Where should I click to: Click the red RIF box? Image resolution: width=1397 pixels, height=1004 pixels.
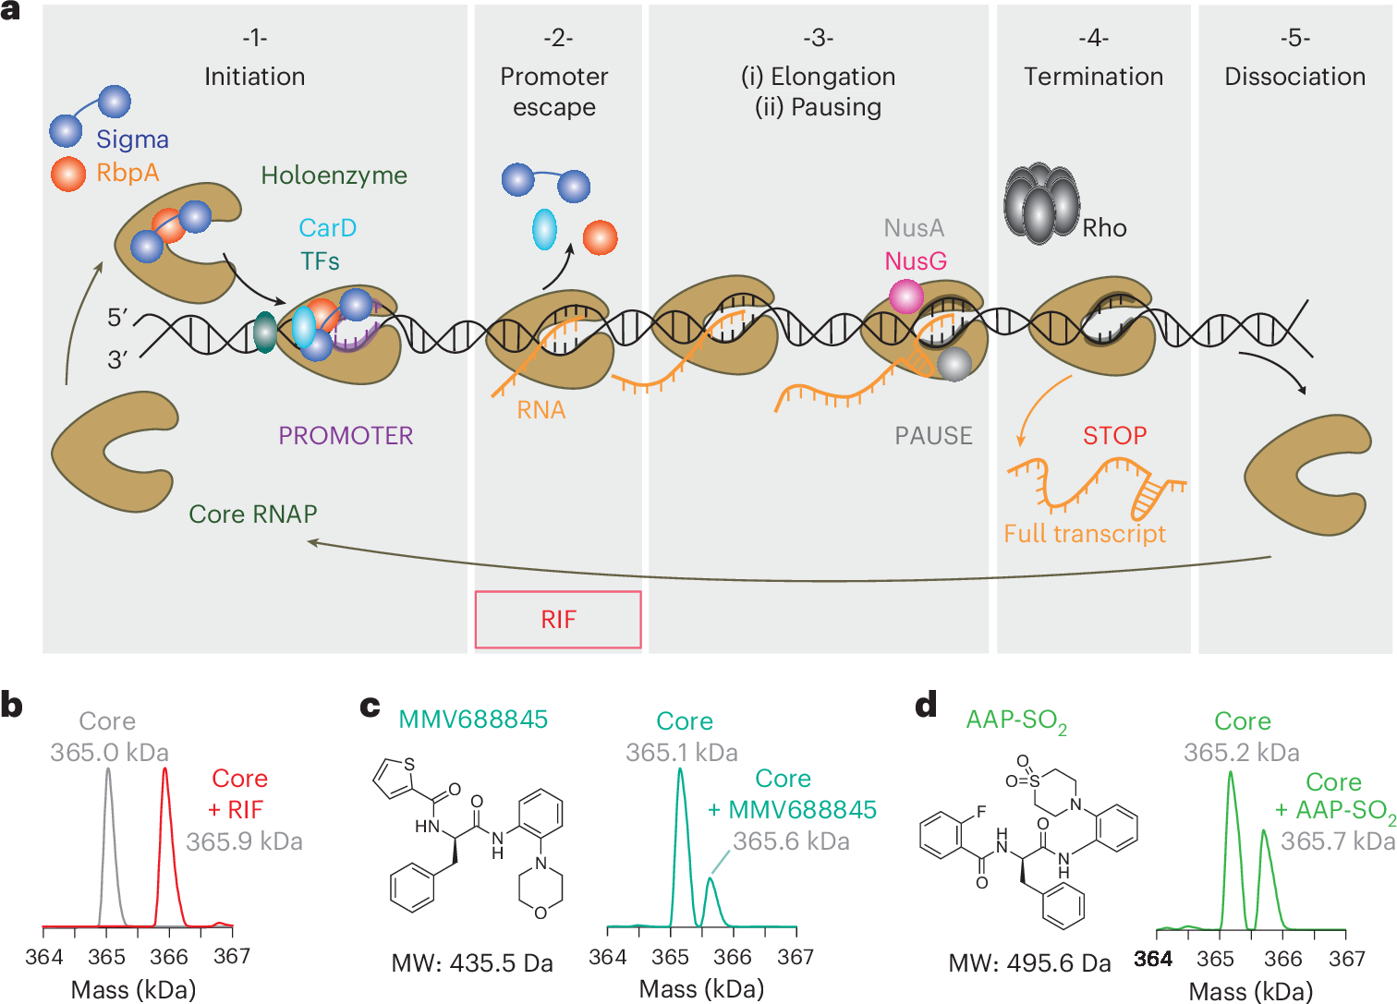(x=558, y=620)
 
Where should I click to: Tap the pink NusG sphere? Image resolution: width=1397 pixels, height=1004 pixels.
(x=905, y=297)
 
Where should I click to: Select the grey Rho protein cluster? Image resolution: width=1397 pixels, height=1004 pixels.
(x=1041, y=204)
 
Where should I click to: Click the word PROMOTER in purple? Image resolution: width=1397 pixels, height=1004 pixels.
(x=346, y=436)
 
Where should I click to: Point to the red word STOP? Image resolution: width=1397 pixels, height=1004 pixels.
(x=1114, y=436)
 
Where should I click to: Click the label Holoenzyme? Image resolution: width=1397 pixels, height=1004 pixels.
(x=334, y=175)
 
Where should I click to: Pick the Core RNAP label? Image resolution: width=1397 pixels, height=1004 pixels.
(x=253, y=514)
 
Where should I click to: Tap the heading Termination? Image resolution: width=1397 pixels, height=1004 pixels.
(x=1093, y=77)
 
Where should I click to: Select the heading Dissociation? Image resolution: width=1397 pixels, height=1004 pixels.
(x=1294, y=77)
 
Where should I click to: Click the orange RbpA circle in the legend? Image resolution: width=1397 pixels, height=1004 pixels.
(x=68, y=174)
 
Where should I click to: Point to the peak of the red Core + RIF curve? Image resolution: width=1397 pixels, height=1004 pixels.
(x=165, y=770)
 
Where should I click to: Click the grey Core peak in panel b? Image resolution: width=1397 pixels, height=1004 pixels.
(x=108, y=770)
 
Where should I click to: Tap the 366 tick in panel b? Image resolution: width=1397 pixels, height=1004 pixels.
(x=169, y=957)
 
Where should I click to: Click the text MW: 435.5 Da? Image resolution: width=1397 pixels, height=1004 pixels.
(x=472, y=963)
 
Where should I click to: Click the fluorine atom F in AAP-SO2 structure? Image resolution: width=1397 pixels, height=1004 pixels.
(x=980, y=812)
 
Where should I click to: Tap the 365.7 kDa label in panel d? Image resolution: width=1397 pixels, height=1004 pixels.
(x=1337, y=841)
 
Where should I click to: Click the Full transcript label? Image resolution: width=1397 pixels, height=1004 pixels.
(x=1085, y=534)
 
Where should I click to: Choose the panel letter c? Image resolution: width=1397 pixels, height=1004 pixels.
(x=370, y=707)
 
